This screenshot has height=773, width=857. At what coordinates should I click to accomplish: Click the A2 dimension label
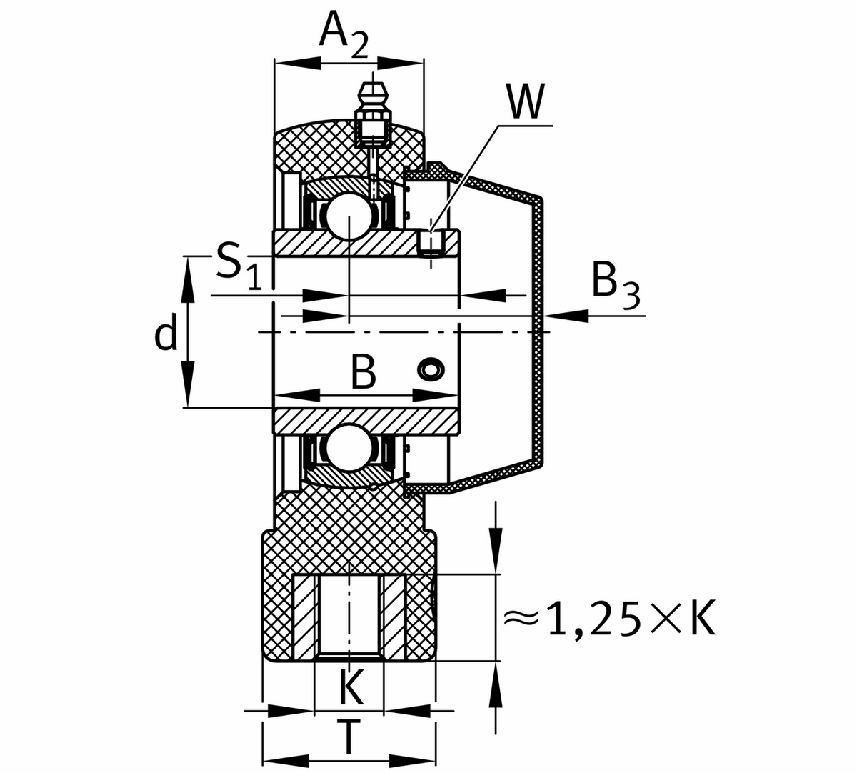click(343, 35)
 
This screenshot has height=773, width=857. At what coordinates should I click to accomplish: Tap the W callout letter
click(526, 101)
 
